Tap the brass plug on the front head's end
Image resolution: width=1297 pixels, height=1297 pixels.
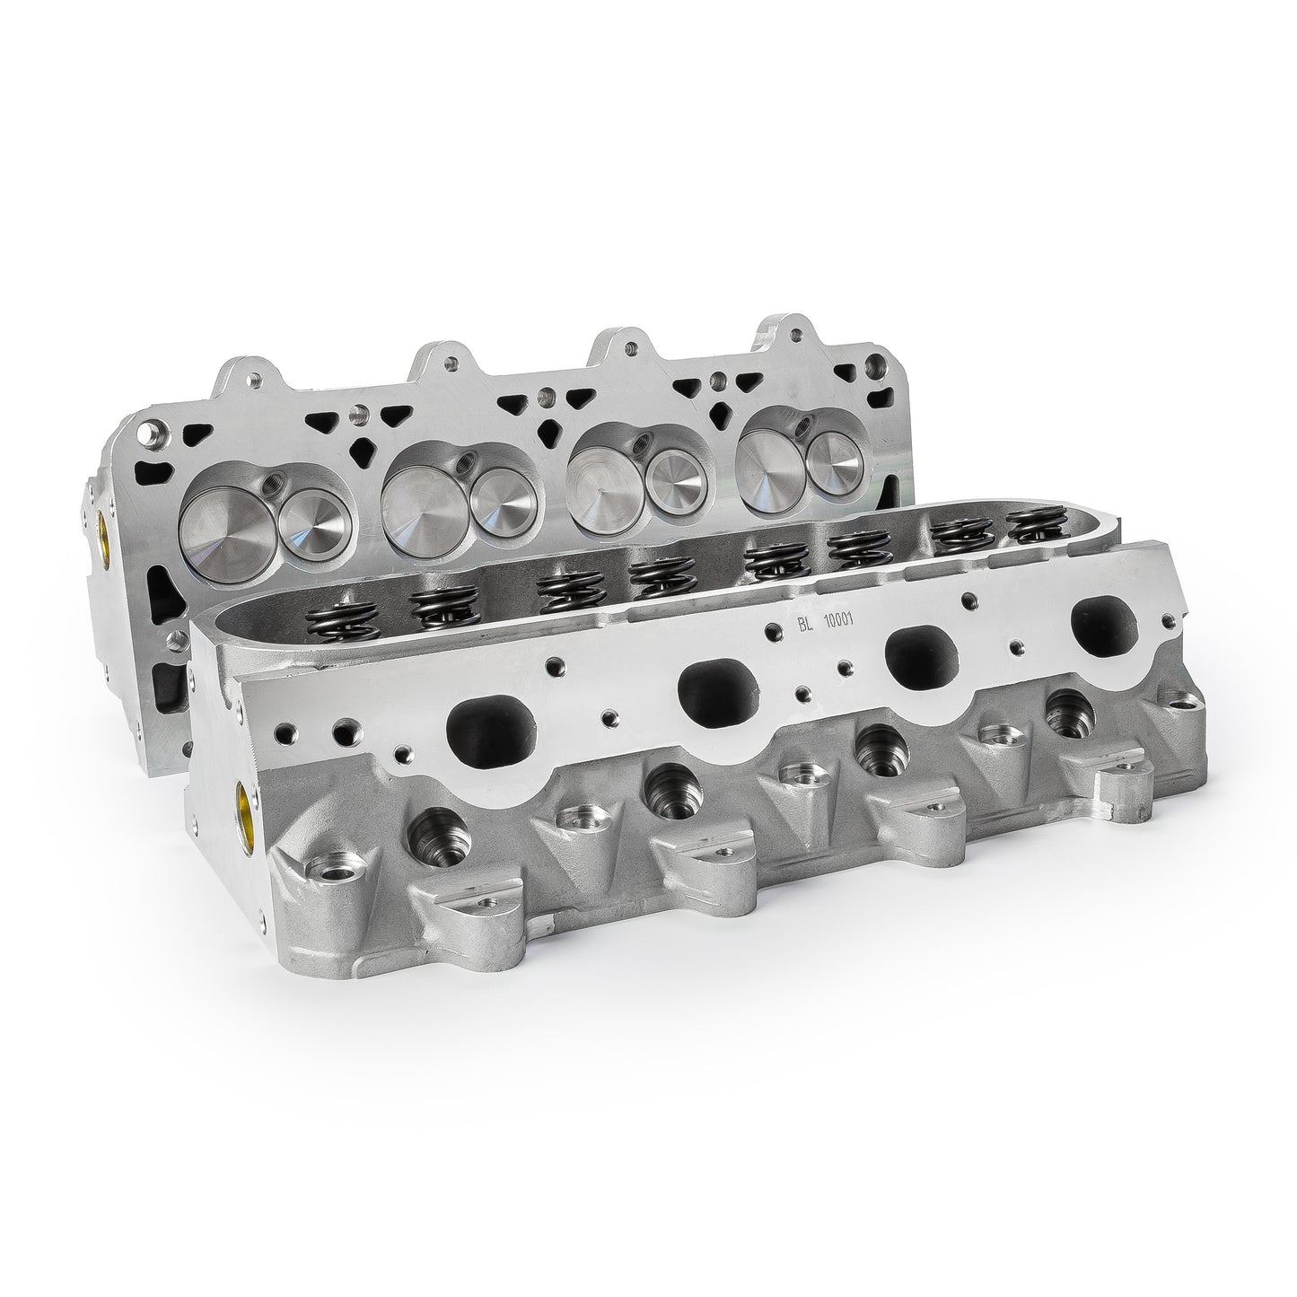[243, 802]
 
